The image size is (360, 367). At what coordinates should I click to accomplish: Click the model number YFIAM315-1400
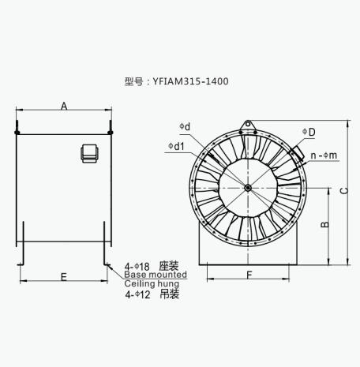pyautogui.click(x=191, y=81)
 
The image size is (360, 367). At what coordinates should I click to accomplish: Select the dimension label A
pyautogui.click(x=64, y=107)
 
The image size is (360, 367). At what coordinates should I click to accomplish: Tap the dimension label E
pyautogui.click(x=64, y=277)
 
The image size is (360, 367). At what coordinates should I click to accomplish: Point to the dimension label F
pyautogui.click(x=249, y=275)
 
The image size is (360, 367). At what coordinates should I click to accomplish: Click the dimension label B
pyautogui.click(x=325, y=224)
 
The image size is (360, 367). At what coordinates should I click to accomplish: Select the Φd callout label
pyautogui.click(x=185, y=127)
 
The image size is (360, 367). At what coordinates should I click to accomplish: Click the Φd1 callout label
pyautogui.click(x=176, y=146)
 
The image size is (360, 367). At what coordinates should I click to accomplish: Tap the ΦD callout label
pyautogui.click(x=309, y=132)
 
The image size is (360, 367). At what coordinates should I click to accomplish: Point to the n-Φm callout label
pyautogui.click(x=324, y=155)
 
